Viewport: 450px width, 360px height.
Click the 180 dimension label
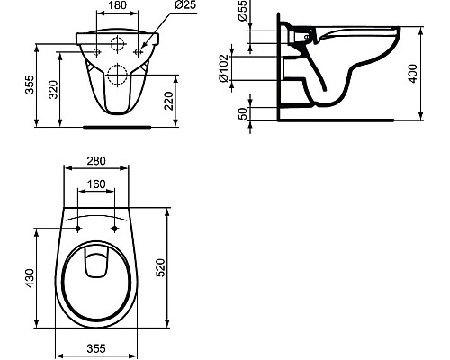(117, 5)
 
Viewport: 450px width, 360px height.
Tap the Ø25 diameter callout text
(185, 5)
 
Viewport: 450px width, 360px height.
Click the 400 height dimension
(413, 74)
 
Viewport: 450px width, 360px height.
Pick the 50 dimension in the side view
(243, 113)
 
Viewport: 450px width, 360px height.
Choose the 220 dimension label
(169, 101)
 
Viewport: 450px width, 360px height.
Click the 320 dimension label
(54, 90)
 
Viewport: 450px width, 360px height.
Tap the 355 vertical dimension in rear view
(30, 85)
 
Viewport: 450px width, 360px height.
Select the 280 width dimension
(96, 161)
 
